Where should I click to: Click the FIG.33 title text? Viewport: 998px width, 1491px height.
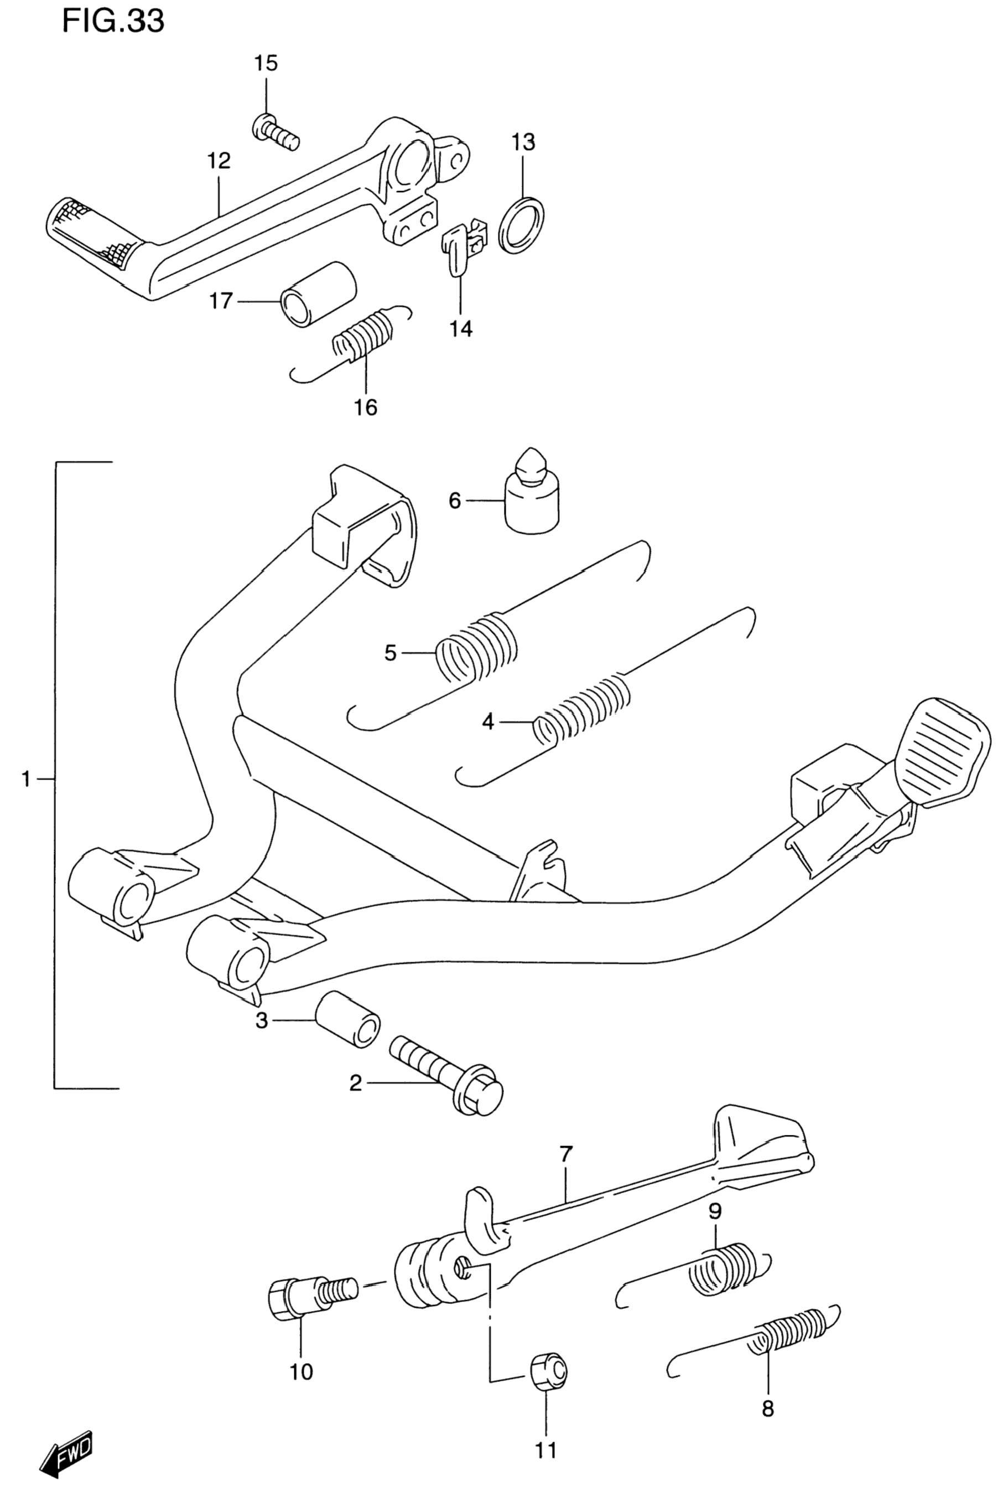coord(113,22)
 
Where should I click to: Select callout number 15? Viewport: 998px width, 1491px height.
coord(266,63)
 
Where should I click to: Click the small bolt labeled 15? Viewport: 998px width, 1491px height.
coord(276,132)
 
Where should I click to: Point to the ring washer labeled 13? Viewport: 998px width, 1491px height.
coord(521,224)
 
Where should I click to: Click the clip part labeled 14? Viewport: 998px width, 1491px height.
coord(462,245)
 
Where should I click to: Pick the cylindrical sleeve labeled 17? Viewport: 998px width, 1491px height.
coord(318,294)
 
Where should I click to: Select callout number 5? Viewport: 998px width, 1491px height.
coord(391,653)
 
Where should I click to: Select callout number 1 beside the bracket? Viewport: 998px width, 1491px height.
coord(26,778)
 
